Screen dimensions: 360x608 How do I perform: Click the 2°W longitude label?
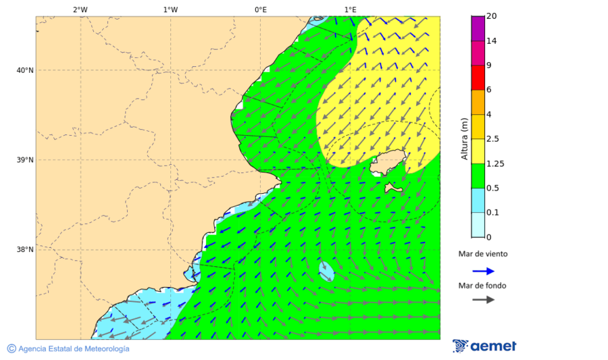click(x=80, y=9)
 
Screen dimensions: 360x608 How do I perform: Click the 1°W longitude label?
click(x=170, y=9)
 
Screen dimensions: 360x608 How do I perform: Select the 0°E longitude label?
click(x=260, y=9)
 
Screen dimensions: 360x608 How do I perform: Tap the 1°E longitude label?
click(x=350, y=9)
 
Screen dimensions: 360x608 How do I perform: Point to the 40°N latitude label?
click(x=25, y=70)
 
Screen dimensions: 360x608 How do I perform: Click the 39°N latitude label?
click(x=25, y=160)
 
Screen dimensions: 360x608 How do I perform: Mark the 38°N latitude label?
click(x=25, y=250)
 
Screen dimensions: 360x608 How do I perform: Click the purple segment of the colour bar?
click(x=478, y=28)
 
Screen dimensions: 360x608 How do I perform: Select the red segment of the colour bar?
click(x=478, y=78)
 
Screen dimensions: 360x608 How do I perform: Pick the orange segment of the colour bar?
click(x=478, y=102)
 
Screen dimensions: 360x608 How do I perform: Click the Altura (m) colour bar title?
click(x=464, y=138)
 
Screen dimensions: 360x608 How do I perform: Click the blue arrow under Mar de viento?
click(x=483, y=271)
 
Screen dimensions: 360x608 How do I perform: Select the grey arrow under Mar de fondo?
click(x=483, y=300)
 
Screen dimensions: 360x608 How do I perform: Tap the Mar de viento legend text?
click(x=482, y=255)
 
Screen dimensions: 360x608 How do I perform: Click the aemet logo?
click(x=484, y=346)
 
